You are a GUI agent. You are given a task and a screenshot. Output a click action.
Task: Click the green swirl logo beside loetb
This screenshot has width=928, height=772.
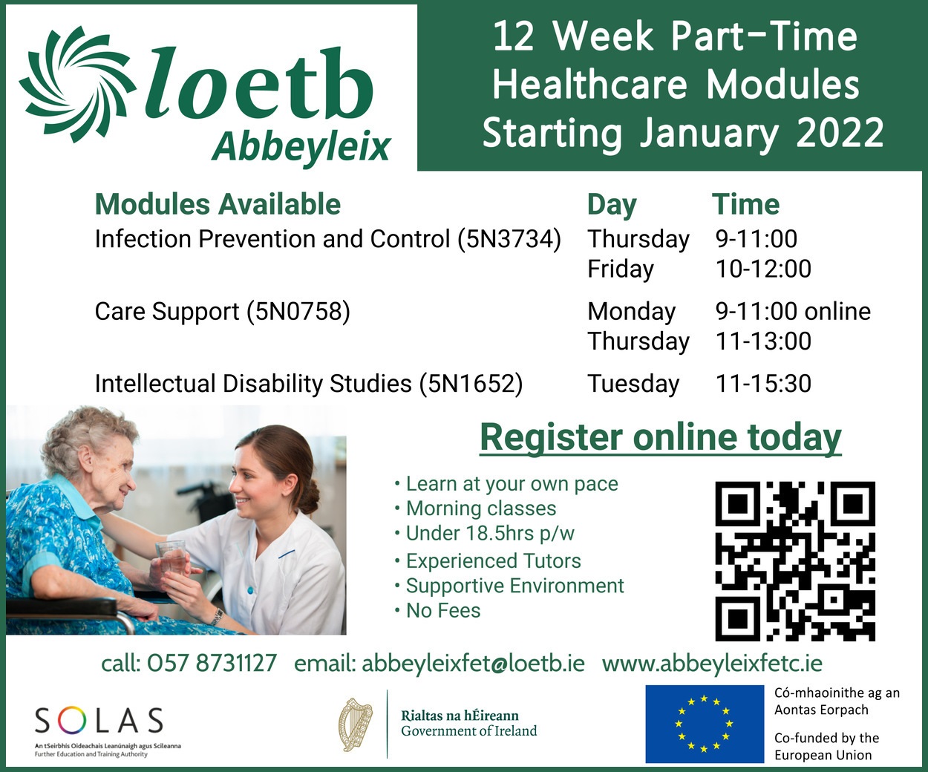pyautogui.click(x=76, y=85)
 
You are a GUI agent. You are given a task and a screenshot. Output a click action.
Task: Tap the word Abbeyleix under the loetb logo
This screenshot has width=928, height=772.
pyautogui.click(x=301, y=147)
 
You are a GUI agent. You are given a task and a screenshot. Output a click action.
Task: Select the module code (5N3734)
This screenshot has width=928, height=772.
pyautogui.click(x=509, y=239)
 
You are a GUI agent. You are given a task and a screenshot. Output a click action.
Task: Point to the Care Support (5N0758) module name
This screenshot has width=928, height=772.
pyautogui.click(x=222, y=311)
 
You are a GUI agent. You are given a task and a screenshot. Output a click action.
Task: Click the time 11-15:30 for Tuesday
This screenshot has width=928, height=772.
pyautogui.click(x=763, y=383)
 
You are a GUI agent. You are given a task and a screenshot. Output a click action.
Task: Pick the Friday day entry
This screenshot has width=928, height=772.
pyautogui.click(x=621, y=269)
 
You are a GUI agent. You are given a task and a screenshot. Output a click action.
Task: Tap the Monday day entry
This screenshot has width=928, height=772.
pyautogui.click(x=632, y=311)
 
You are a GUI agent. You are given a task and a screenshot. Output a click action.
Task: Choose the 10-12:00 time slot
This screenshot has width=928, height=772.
pyautogui.click(x=763, y=269)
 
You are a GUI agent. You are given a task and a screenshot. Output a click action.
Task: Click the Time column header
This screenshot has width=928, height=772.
pyautogui.click(x=746, y=204)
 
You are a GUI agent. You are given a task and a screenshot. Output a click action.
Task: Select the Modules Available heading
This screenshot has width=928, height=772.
pyautogui.click(x=218, y=204)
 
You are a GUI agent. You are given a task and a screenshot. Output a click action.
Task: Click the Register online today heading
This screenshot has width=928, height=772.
pyautogui.click(x=661, y=438)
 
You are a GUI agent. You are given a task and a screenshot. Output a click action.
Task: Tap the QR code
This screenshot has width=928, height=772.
pyautogui.click(x=795, y=561)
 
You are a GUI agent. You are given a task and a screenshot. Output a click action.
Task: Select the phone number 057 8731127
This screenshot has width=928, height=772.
pyautogui.click(x=212, y=664)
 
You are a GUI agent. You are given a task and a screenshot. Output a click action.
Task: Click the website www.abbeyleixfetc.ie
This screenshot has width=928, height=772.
pyautogui.click(x=712, y=664)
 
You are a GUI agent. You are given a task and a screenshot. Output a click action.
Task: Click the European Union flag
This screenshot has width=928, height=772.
pyautogui.click(x=705, y=724)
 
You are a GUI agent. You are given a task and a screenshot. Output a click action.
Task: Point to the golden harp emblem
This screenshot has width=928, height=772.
pyautogui.click(x=356, y=724)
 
